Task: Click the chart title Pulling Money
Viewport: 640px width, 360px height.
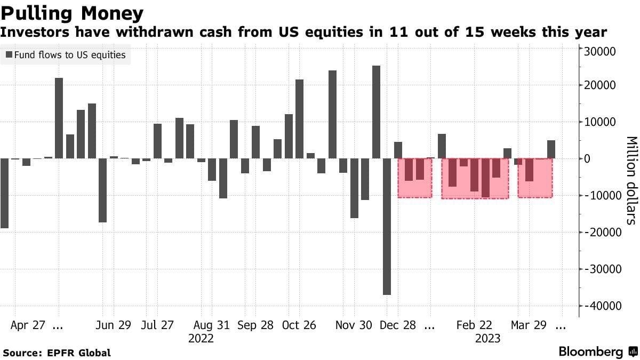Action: [73, 12]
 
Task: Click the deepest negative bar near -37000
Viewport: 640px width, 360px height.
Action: [387, 226]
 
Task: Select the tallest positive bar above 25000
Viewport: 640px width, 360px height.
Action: [376, 112]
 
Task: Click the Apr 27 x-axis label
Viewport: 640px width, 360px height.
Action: [28, 325]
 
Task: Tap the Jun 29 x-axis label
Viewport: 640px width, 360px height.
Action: [113, 325]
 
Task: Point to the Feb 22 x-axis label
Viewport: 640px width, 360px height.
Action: [475, 325]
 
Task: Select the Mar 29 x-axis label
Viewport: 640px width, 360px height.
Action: [528, 325]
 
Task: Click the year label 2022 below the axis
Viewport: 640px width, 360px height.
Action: [201, 339]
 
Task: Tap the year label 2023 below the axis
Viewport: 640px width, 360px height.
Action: [487, 339]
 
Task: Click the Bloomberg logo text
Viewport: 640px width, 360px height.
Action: [590, 352]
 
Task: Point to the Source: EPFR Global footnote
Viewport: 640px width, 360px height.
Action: [57, 353]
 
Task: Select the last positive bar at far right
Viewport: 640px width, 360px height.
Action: [551, 149]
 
